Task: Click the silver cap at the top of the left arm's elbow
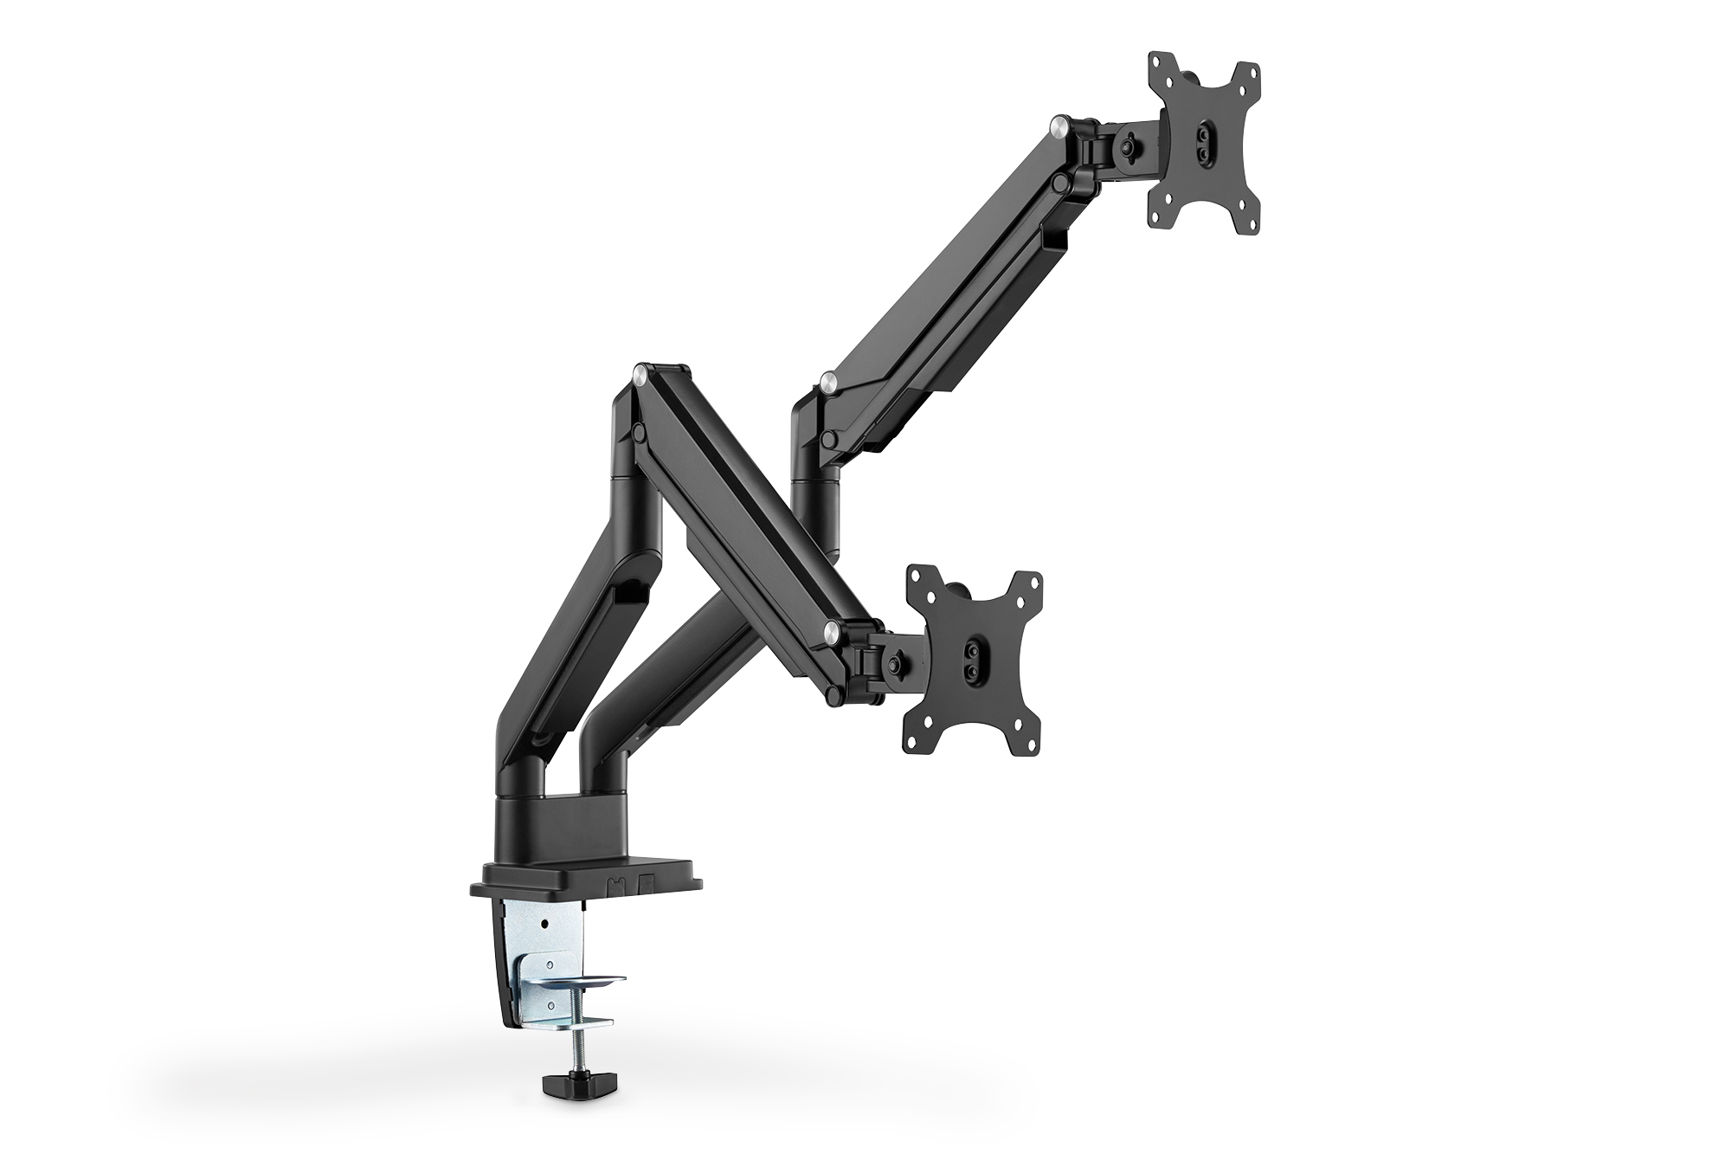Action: tap(640, 375)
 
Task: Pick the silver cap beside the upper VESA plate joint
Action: tap(1058, 126)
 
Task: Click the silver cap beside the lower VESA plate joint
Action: tap(833, 629)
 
